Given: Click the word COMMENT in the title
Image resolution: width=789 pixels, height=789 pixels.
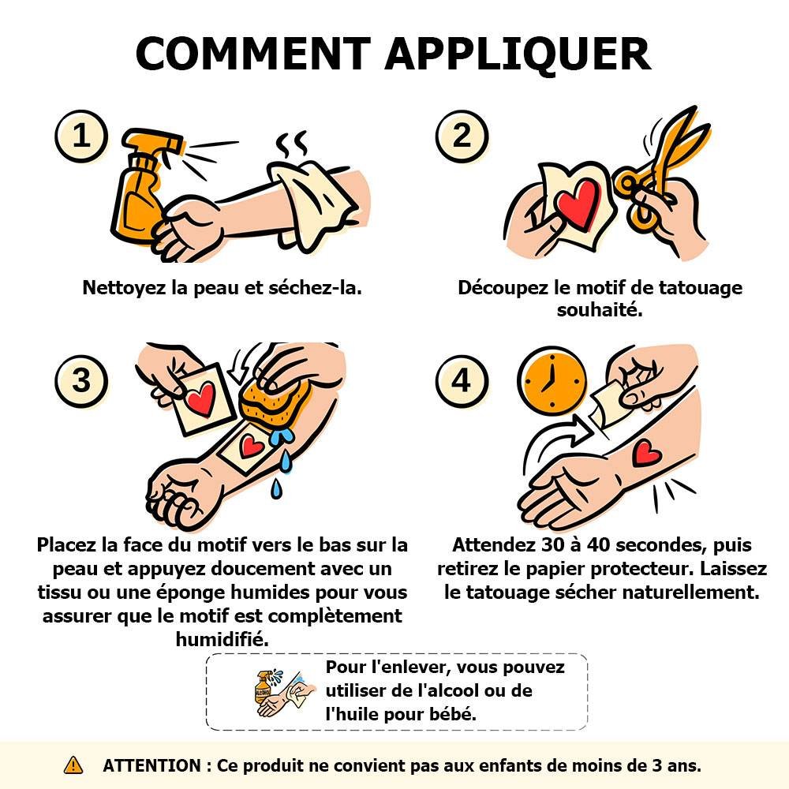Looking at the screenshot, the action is coord(252,54).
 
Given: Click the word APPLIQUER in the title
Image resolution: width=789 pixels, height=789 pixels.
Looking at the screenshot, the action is coord(518,54).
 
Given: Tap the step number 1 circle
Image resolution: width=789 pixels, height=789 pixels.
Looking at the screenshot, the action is coord(81,136).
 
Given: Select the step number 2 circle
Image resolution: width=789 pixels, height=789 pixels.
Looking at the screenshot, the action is coord(462,136).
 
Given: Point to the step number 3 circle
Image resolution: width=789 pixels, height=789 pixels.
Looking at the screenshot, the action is coord(81,380).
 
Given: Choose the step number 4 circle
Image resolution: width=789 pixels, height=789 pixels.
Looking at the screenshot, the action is coord(462,380).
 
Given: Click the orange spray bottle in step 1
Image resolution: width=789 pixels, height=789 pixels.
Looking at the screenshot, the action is coord(141,187).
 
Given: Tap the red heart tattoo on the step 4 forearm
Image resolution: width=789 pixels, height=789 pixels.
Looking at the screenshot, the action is coord(646,453).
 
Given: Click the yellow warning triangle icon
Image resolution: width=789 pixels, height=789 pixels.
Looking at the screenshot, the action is coord(73,765).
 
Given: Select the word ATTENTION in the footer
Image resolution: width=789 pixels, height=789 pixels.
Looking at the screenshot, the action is coord(151,766).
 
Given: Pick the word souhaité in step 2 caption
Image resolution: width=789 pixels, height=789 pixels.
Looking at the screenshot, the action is coord(600,310).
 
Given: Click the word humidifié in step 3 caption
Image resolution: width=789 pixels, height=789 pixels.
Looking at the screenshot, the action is coord(222,640).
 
